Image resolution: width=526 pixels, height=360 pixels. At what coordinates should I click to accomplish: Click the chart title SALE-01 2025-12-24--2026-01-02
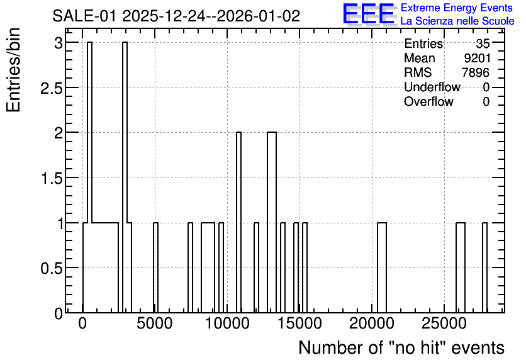click(176, 16)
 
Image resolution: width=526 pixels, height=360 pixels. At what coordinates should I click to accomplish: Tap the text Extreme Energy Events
click(457, 8)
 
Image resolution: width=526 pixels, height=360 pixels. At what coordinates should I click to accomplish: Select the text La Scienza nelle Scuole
click(457, 21)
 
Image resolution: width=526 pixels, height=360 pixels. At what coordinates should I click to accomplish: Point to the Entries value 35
click(483, 43)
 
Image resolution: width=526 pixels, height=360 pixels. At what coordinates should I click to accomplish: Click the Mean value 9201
click(478, 58)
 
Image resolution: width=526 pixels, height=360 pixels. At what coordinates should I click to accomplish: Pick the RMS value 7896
click(476, 72)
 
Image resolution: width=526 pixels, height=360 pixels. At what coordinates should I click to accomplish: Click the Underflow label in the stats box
click(432, 87)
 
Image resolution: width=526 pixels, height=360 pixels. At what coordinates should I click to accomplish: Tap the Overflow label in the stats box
click(428, 101)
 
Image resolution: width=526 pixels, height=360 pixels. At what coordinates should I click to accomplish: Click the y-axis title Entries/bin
click(13, 70)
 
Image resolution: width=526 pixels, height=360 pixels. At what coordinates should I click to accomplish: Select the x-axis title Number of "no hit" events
click(401, 347)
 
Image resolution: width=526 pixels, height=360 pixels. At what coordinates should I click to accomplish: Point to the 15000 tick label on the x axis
click(299, 323)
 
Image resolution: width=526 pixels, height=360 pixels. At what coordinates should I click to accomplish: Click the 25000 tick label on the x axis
click(444, 323)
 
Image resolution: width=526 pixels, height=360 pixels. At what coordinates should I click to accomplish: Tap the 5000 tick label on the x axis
click(155, 323)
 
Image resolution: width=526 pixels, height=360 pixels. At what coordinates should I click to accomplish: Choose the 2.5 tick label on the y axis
click(52, 88)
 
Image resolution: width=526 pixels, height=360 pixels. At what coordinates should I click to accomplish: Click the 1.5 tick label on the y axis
click(52, 178)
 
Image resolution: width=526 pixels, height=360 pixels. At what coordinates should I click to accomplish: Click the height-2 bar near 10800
click(239, 222)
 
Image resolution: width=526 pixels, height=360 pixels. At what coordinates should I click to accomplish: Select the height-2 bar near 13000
click(272, 222)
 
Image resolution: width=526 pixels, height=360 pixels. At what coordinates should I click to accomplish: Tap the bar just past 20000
click(382, 267)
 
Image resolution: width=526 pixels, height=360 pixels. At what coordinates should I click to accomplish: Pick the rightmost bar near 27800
click(484, 267)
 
